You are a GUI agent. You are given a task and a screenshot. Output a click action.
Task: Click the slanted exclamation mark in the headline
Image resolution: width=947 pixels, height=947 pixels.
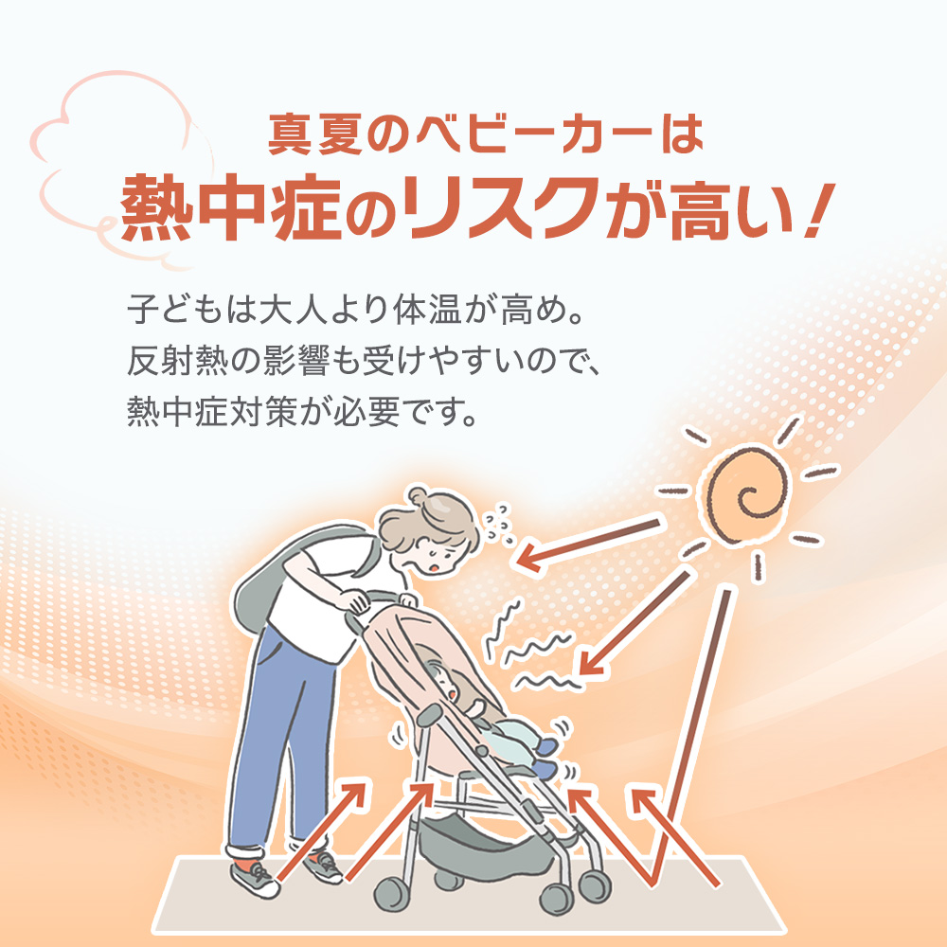tap(820, 208)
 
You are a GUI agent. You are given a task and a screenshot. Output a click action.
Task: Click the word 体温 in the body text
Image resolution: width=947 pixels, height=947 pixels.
tap(426, 310)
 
